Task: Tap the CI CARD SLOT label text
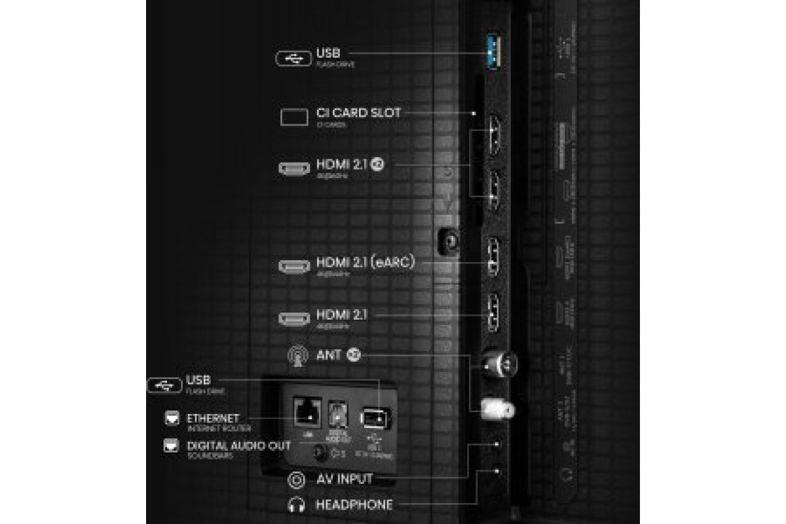pyautogui.click(x=358, y=113)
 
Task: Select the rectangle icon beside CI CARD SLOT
pyautogui.click(x=294, y=117)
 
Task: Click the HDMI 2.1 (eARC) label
pyautogui.click(x=365, y=263)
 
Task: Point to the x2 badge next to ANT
pyautogui.click(x=354, y=355)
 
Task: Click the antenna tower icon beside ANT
pyautogui.click(x=297, y=357)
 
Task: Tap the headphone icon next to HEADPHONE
pyautogui.click(x=296, y=505)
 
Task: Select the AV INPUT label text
pyautogui.click(x=344, y=479)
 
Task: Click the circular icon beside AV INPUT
pyautogui.click(x=296, y=480)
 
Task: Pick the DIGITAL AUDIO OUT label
pyautogui.click(x=239, y=445)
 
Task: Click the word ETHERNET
pyautogui.click(x=214, y=418)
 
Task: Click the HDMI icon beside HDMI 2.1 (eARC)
pyautogui.click(x=294, y=267)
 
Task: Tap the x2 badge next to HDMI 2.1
pyautogui.click(x=377, y=164)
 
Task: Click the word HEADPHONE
pyautogui.click(x=354, y=505)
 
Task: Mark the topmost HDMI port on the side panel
pyautogui.click(x=492, y=138)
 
